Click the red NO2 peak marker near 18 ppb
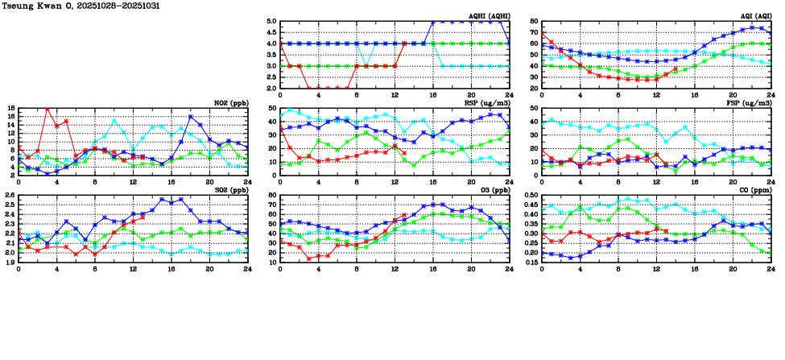coord(48,109)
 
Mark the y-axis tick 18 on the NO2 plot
coord(10,109)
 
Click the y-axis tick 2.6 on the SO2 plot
coord(9,196)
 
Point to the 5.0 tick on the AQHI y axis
coord(271,22)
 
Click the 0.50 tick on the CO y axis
coord(530,196)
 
